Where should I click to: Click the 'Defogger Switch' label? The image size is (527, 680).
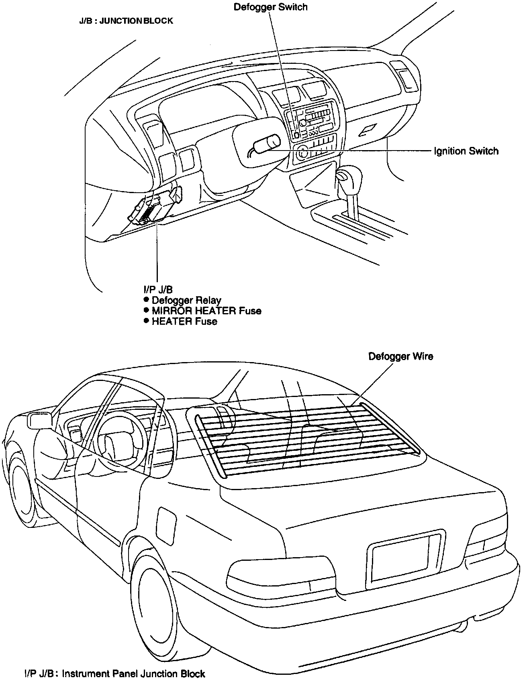point(270,7)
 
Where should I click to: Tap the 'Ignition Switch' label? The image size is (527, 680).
point(466,151)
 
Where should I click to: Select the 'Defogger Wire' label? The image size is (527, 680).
point(400,356)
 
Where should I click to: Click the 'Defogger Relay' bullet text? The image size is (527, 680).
point(186,300)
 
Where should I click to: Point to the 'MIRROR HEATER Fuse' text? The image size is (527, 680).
point(206,311)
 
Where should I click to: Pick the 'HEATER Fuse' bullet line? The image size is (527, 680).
point(184,321)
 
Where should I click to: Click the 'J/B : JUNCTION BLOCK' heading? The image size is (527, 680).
point(126,21)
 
